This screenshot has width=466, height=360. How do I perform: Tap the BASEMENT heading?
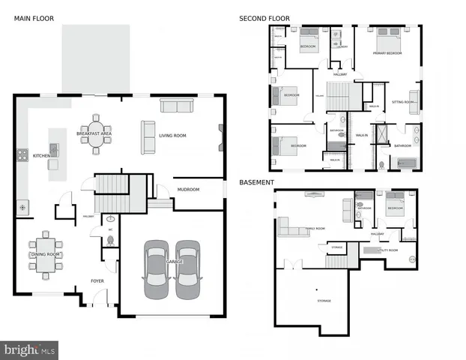[256, 182]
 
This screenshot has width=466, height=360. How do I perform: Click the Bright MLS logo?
[29, 349]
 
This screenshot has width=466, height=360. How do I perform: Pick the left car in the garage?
[157, 269]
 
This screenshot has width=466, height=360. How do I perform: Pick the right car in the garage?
[187, 269]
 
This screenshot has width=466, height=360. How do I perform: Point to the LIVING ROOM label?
[172, 136]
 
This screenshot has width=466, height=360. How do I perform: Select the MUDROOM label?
[188, 190]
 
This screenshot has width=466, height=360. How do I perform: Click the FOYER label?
[97, 282]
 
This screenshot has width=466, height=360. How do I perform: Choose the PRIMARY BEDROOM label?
[390, 53]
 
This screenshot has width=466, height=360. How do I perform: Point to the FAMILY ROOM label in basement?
[315, 229]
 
